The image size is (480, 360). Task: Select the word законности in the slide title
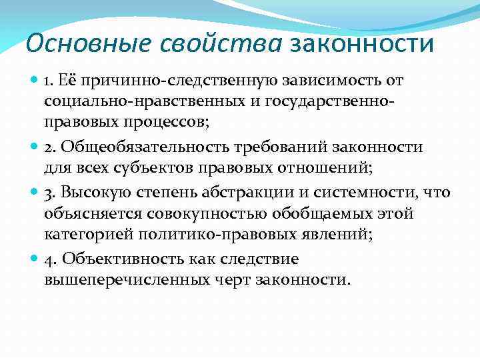[363, 45]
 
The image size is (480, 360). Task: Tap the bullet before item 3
[33, 193]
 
